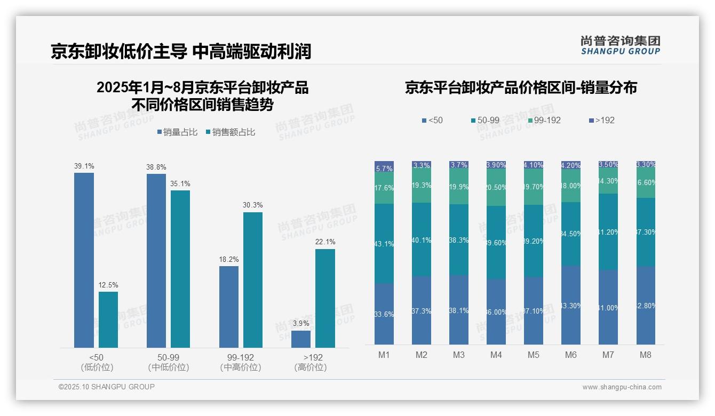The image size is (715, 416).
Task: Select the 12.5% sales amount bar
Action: coord(108,319)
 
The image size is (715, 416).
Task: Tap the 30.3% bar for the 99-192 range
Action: coord(253,280)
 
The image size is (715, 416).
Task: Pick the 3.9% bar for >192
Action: coord(301,339)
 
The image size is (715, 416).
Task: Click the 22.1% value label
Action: coord(325,242)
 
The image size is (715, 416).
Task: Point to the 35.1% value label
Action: coord(180,184)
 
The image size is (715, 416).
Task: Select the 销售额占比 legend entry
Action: coord(230,132)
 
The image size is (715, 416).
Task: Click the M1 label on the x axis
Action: coord(384,355)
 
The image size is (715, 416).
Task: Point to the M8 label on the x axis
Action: coord(646,355)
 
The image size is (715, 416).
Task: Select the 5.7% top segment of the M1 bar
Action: coord(384,167)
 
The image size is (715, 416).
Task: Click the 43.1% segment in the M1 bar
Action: coord(384,243)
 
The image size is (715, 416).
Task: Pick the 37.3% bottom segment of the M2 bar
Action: coord(422,310)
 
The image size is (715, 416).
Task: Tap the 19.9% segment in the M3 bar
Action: coord(459,186)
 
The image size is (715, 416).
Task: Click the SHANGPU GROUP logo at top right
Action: coord(620,45)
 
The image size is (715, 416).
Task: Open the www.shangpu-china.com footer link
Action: coord(622,387)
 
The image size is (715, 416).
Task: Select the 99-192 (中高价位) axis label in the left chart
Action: coord(241,362)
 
